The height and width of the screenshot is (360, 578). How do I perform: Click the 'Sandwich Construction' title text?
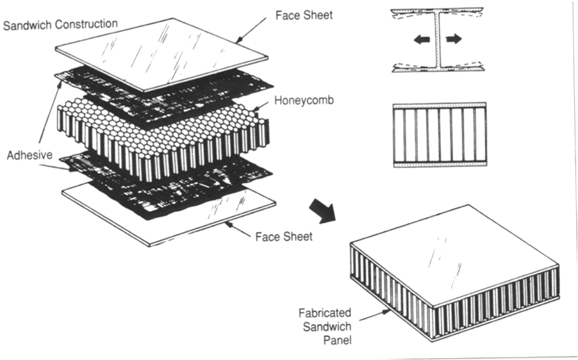(60, 24)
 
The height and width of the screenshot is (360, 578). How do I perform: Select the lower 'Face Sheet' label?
(284, 236)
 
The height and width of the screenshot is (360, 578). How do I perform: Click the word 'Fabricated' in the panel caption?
(324, 313)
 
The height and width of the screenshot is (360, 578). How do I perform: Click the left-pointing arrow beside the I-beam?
(421, 40)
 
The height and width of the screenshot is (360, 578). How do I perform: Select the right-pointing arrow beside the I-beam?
(453, 40)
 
